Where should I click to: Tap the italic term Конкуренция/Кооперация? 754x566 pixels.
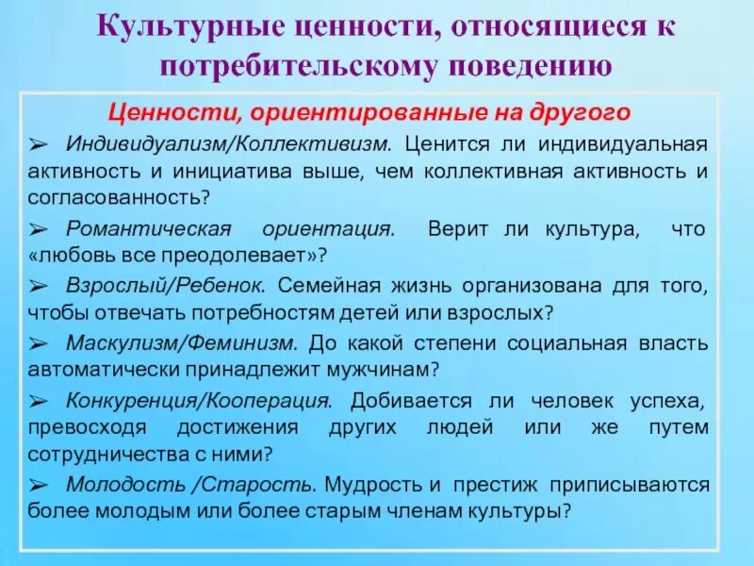click(x=199, y=400)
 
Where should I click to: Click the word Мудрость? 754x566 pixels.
click(x=368, y=484)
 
